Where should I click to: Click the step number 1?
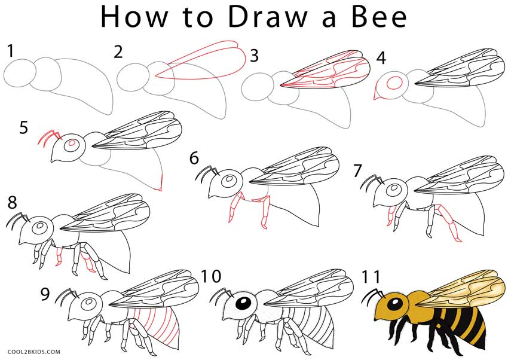(x=11, y=51)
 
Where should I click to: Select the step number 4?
(x=381, y=59)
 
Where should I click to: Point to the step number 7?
(x=357, y=170)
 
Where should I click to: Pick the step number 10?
(x=211, y=276)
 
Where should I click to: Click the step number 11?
(x=371, y=277)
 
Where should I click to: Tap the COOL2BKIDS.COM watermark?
(x=33, y=352)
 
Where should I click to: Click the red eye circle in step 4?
(x=394, y=83)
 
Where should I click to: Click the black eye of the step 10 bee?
(x=243, y=304)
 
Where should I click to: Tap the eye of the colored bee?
(x=395, y=304)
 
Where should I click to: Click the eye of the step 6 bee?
(x=229, y=179)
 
